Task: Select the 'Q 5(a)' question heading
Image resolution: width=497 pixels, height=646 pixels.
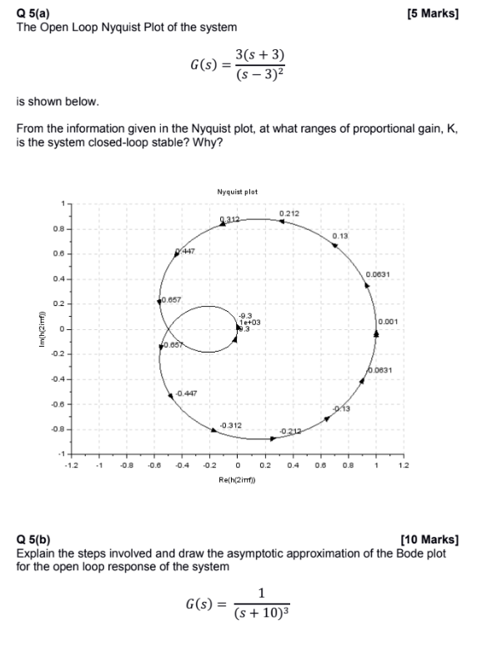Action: tap(34, 14)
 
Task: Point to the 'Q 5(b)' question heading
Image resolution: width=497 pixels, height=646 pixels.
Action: tap(34, 540)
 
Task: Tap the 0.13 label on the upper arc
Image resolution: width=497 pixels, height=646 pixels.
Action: tap(339, 237)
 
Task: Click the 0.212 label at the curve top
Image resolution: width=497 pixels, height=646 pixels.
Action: tap(290, 214)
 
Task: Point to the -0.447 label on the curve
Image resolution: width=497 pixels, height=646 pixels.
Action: tap(188, 393)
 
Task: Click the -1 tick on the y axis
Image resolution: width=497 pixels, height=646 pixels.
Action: tap(55, 453)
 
